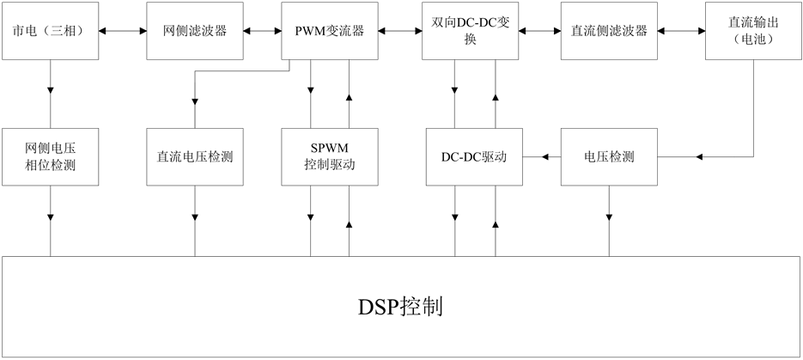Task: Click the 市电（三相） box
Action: pos(49,30)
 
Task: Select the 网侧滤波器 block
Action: pos(195,30)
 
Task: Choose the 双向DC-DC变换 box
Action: pos(470,30)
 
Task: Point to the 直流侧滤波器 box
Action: pos(609,30)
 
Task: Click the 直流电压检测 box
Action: pos(195,157)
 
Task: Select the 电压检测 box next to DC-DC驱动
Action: pos(609,157)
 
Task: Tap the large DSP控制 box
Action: pos(401,307)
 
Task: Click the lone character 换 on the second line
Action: pos(470,40)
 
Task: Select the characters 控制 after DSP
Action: pos(424,307)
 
